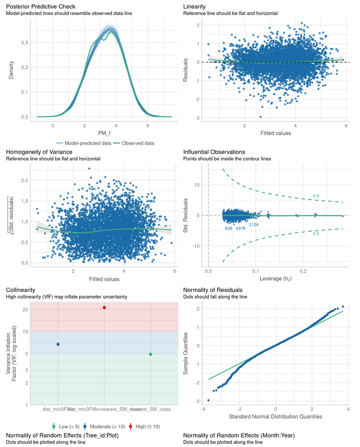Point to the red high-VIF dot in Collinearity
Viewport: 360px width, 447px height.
tap(105, 308)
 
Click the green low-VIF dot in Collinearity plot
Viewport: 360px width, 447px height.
tap(151, 354)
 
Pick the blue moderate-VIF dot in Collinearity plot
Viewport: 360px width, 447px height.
tap(58, 344)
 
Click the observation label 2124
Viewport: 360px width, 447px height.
tap(253, 224)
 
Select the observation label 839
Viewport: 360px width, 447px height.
tap(229, 229)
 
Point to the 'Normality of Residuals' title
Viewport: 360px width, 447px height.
tap(213, 290)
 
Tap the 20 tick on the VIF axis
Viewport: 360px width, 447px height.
tap(25, 310)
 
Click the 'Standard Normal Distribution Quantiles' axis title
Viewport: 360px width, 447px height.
tap(276, 416)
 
